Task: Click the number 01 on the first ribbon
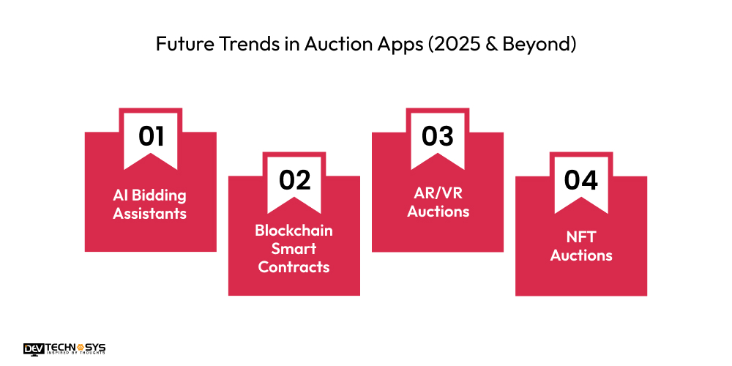click(x=151, y=136)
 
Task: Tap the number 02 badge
click(x=294, y=180)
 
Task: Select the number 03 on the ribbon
click(x=437, y=136)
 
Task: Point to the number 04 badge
click(x=581, y=180)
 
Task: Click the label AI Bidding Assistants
click(x=150, y=204)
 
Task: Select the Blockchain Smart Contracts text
click(x=294, y=249)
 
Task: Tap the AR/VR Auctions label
click(x=438, y=202)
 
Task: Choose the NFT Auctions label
click(x=581, y=246)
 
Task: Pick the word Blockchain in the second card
click(x=294, y=231)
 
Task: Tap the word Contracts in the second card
click(x=294, y=267)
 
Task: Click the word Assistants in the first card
click(x=150, y=214)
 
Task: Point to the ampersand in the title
click(x=484, y=44)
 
